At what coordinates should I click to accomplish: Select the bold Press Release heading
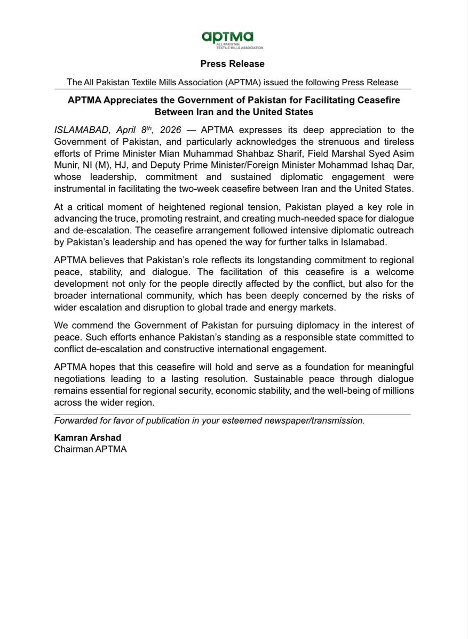click(x=232, y=64)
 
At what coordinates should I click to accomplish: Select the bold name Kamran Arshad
click(x=87, y=438)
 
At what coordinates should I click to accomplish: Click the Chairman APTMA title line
click(x=91, y=449)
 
